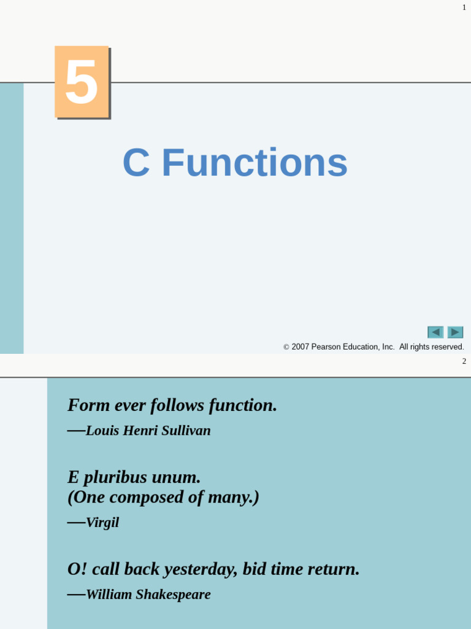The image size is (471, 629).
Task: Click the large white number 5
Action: click(82, 82)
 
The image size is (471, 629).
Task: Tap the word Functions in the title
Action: click(255, 163)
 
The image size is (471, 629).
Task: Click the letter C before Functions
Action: click(136, 163)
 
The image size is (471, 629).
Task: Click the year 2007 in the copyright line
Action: click(300, 347)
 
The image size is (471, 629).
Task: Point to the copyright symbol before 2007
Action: click(286, 348)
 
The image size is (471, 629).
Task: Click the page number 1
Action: click(464, 7)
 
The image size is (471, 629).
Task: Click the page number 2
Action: click(464, 361)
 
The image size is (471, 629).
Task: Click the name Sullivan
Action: click(186, 431)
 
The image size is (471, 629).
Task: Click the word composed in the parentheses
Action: click(147, 497)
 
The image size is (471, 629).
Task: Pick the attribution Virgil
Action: click(102, 523)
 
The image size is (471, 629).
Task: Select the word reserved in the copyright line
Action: click(447, 347)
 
